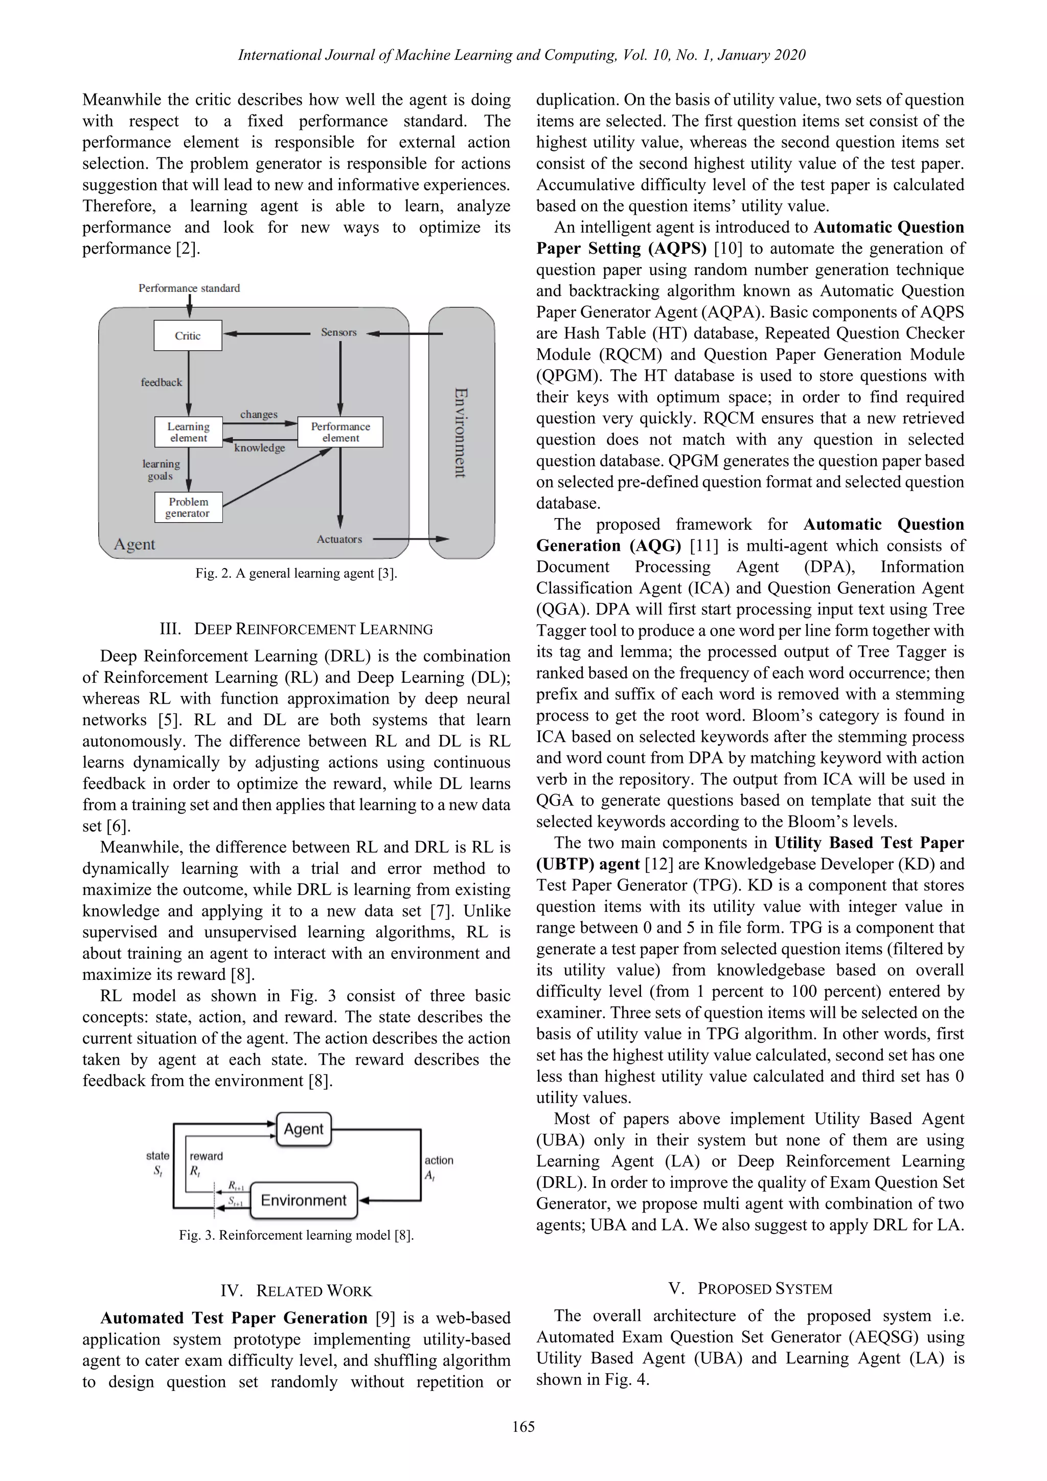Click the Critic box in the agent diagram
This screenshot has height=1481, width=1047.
point(188,335)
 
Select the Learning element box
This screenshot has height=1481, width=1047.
point(188,432)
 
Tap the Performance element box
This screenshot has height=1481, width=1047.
point(340,432)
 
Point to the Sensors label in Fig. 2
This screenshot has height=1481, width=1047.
point(338,332)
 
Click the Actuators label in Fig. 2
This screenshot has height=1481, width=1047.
point(339,539)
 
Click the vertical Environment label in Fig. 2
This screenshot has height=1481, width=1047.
point(460,432)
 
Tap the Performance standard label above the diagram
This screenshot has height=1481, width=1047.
point(189,288)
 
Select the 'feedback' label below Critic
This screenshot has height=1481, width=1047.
point(161,383)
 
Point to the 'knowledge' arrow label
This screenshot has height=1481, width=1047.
point(259,447)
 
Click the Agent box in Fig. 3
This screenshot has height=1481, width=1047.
point(304,1129)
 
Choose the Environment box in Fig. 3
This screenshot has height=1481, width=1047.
point(304,1200)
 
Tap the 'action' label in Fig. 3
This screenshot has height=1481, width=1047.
point(439,1160)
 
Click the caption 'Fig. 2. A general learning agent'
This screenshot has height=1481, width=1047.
point(296,573)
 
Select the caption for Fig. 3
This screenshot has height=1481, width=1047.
point(296,1235)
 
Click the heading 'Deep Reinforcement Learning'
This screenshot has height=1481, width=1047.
point(296,629)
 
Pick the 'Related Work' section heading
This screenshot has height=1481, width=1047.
point(296,1291)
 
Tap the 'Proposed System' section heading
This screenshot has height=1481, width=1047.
point(750,1289)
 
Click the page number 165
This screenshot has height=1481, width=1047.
point(523,1427)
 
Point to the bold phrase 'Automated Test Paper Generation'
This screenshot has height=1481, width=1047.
point(234,1318)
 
